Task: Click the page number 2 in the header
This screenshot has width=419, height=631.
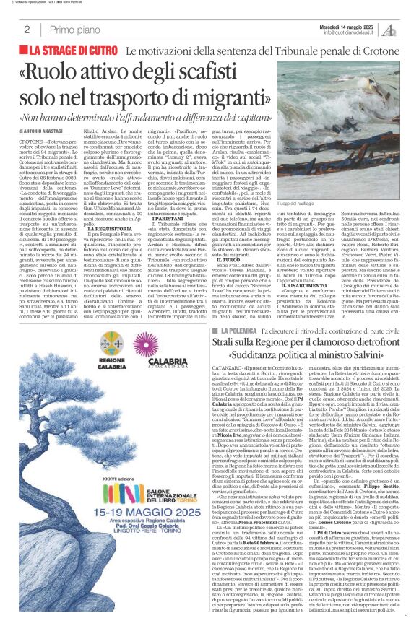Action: [27, 30]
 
